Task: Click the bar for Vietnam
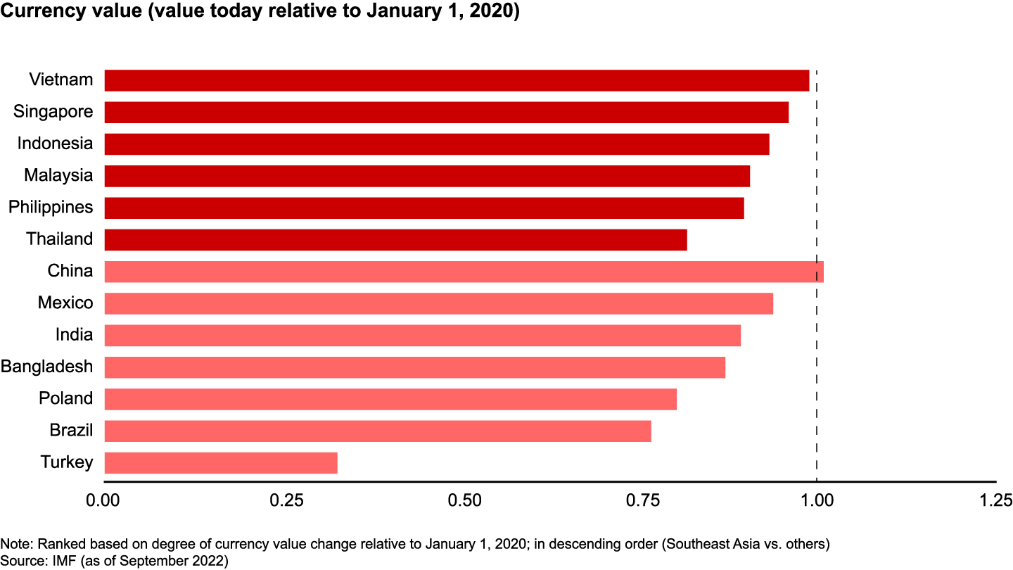[457, 80]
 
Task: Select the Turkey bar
[221, 463]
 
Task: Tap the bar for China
[464, 272]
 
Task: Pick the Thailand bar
[395, 239]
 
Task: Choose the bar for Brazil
[378, 431]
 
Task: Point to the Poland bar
[390, 399]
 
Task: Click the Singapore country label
[53, 112]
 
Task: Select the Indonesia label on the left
[55, 144]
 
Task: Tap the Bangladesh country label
[46, 367]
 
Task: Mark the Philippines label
[51, 208]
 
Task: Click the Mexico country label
[65, 303]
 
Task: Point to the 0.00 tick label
[104, 500]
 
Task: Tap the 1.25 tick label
[994, 500]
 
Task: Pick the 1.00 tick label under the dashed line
[816, 500]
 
